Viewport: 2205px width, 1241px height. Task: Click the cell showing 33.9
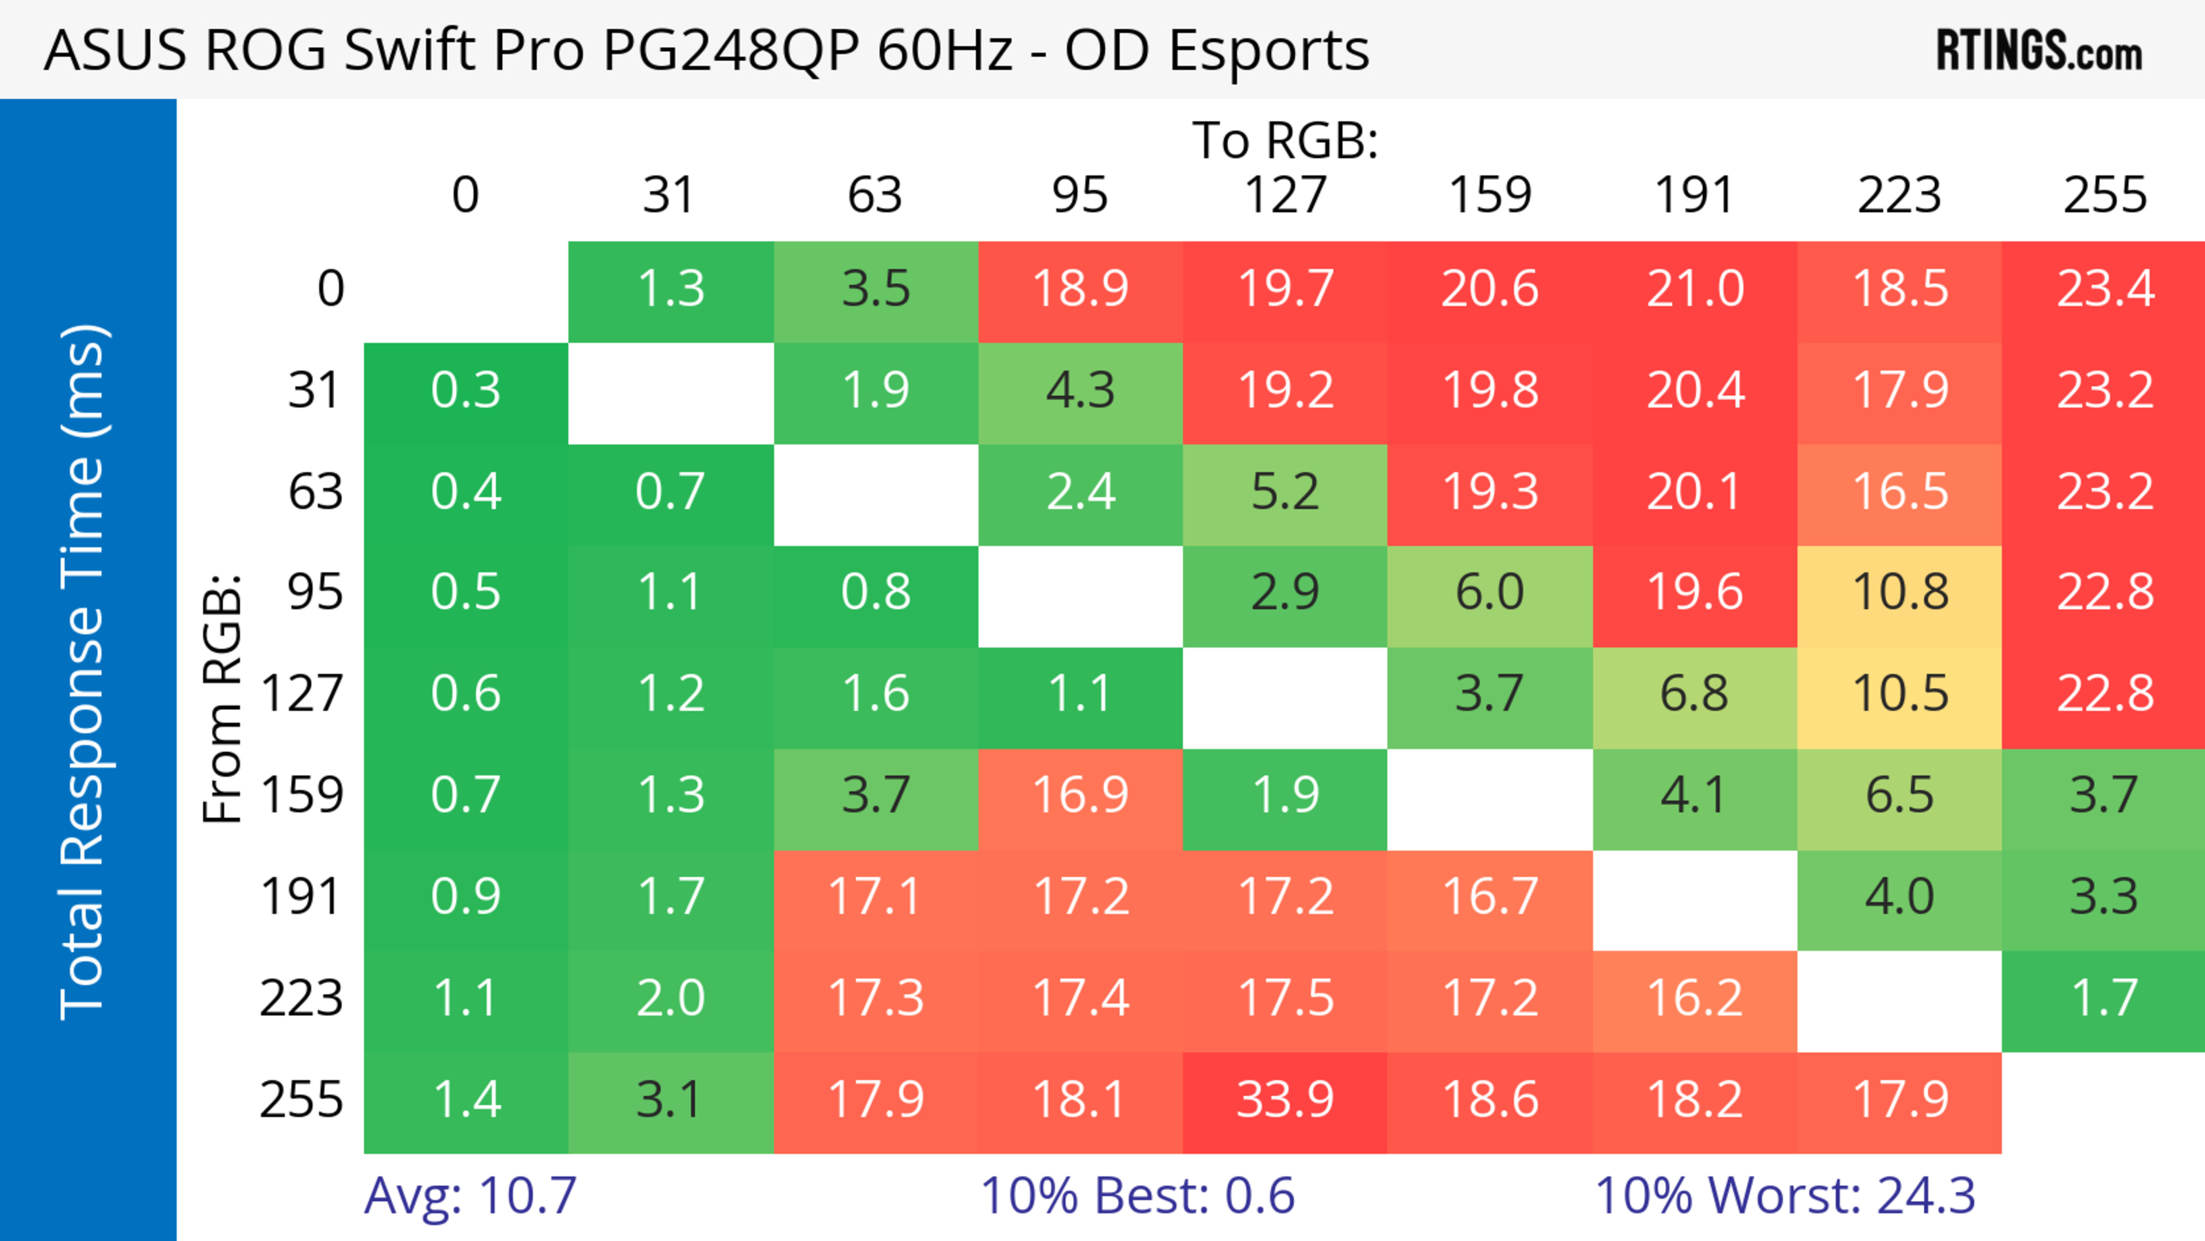click(x=1285, y=1100)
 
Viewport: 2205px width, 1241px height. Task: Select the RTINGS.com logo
click(x=2039, y=51)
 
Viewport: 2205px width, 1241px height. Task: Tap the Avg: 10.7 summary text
click(x=470, y=1196)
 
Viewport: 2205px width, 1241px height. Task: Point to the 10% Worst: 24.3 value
click(x=1785, y=1196)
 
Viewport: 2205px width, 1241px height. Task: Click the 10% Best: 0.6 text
click(x=1137, y=1196)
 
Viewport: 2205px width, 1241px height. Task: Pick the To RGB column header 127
click(x=1285, y=195)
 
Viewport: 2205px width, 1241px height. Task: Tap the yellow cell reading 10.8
click(x=1900, y=592)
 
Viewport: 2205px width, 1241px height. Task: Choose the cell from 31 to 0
click(x=466, y=391)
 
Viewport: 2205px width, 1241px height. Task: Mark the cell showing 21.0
click(x=1695, y=288)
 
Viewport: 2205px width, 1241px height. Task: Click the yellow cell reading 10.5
click(x=1900, y=693)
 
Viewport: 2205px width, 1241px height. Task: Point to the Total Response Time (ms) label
click(x=84, y=672)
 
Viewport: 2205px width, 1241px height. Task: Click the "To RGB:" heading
click(x=1285, y=140)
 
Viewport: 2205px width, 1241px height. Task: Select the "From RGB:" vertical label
click(x=223, y=698)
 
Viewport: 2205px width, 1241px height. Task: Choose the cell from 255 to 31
click(x=670, y=1100)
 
